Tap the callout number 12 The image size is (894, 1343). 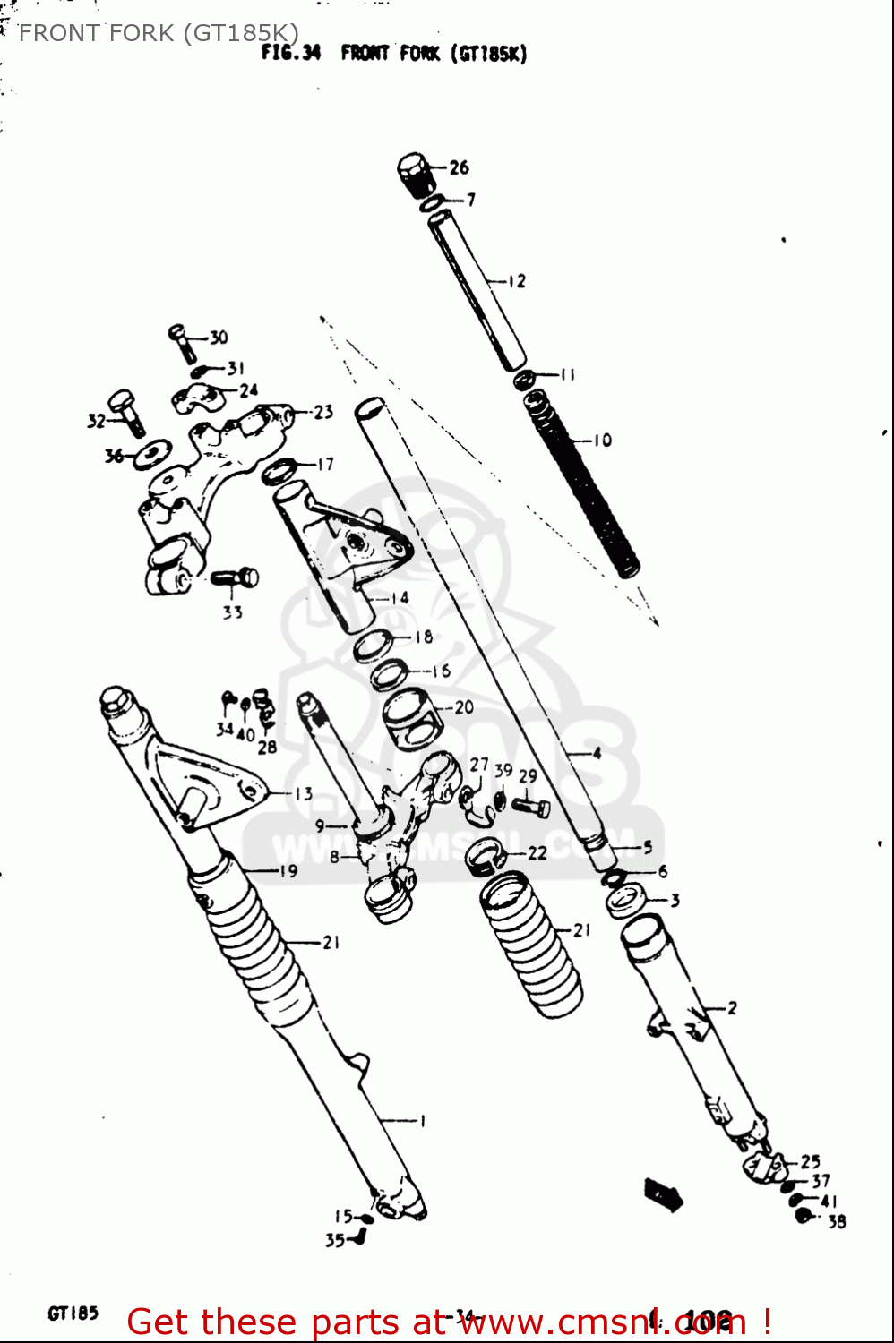(517, 281)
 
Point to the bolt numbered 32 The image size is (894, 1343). (126, 410)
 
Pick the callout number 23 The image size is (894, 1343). (323, 412)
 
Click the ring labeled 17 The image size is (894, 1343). (279, 469)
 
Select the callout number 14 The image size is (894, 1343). (400, 597)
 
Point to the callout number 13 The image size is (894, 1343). (304, 793)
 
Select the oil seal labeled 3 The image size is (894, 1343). (625, 900)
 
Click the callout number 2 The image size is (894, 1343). (732, 1008)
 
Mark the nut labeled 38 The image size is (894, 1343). (804, 1216)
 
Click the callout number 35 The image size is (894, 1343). (334, 1240)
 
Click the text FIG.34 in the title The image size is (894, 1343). (290, 53)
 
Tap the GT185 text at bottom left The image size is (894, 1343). (73, 1313)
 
